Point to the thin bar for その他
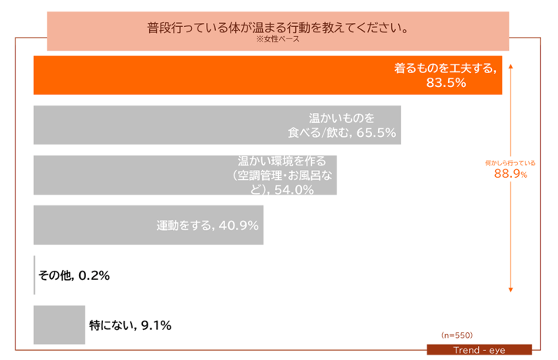tap(35, 275)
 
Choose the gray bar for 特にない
tap(59, 325)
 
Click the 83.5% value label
tap(447, 83)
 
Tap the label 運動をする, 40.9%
tap(207, 225)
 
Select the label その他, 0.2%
tap(74, 275)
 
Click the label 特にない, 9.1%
tap(130, 325)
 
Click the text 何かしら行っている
tap(510, 163)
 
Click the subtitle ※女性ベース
tap(277, 39)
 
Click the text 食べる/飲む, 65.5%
tap(342, 133)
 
